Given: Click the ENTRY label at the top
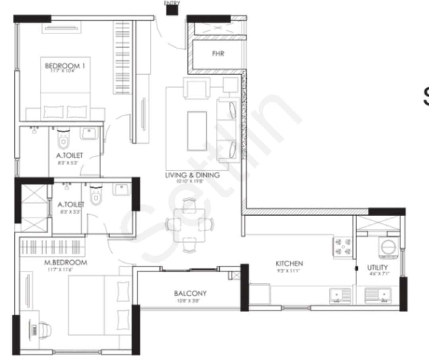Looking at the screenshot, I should tap(172, 3).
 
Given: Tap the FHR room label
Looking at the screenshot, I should tap(218, 54).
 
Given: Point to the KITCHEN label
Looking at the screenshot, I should tap(289, 263).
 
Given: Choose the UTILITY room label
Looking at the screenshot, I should tap(377, 267).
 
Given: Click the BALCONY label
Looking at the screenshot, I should tap(190, 294).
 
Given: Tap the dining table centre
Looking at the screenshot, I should tap(189, 225).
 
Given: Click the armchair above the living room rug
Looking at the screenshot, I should tap(196, 88).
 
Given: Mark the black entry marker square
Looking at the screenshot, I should tap(172, 10).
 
